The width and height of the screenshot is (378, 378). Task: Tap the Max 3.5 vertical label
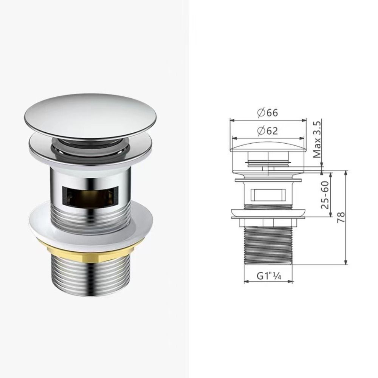point(317,139)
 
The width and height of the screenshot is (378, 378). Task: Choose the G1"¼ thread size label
point(268,276)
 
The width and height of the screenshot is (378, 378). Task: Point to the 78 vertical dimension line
point(346,217)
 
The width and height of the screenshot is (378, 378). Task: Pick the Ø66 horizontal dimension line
point(268,121)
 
